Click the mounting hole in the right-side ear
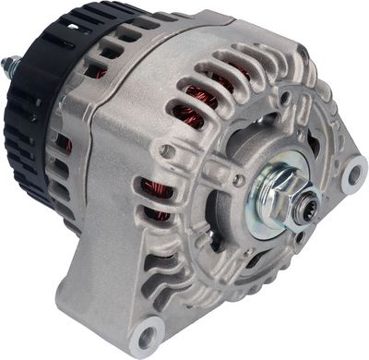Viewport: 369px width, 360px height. click(352, 173)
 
